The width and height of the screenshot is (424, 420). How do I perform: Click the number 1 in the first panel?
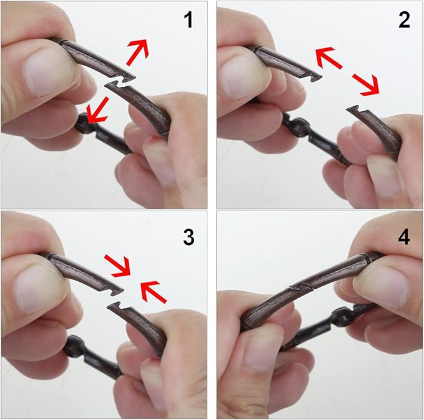pyautogui.click(x=189, y=20)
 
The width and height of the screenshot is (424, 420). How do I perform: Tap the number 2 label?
pyautogui.click(x=404, y=20)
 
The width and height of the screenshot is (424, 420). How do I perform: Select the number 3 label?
pyautogui.click(x=189, y=237)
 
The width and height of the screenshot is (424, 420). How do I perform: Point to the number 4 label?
pyautogui.click(x=404, y=237)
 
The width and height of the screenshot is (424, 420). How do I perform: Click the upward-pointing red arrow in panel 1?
pyautogui.click(x=138, y=52)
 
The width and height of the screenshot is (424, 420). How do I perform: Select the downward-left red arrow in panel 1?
pyautogui.click(x=97, y=111)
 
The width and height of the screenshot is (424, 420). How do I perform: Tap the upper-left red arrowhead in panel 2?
pyautogui.click(x=328, y=57)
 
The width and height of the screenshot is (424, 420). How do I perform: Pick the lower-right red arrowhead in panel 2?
pyautogui.click(x=365, y=85)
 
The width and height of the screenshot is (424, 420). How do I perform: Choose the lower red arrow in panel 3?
pyautogui.click(x=154, y=292)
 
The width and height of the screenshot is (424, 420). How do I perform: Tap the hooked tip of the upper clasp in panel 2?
pyautogui.click(x=317, y=78)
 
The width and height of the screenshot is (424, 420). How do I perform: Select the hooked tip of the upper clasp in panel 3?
pyautogui.click(x=118, y=290)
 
